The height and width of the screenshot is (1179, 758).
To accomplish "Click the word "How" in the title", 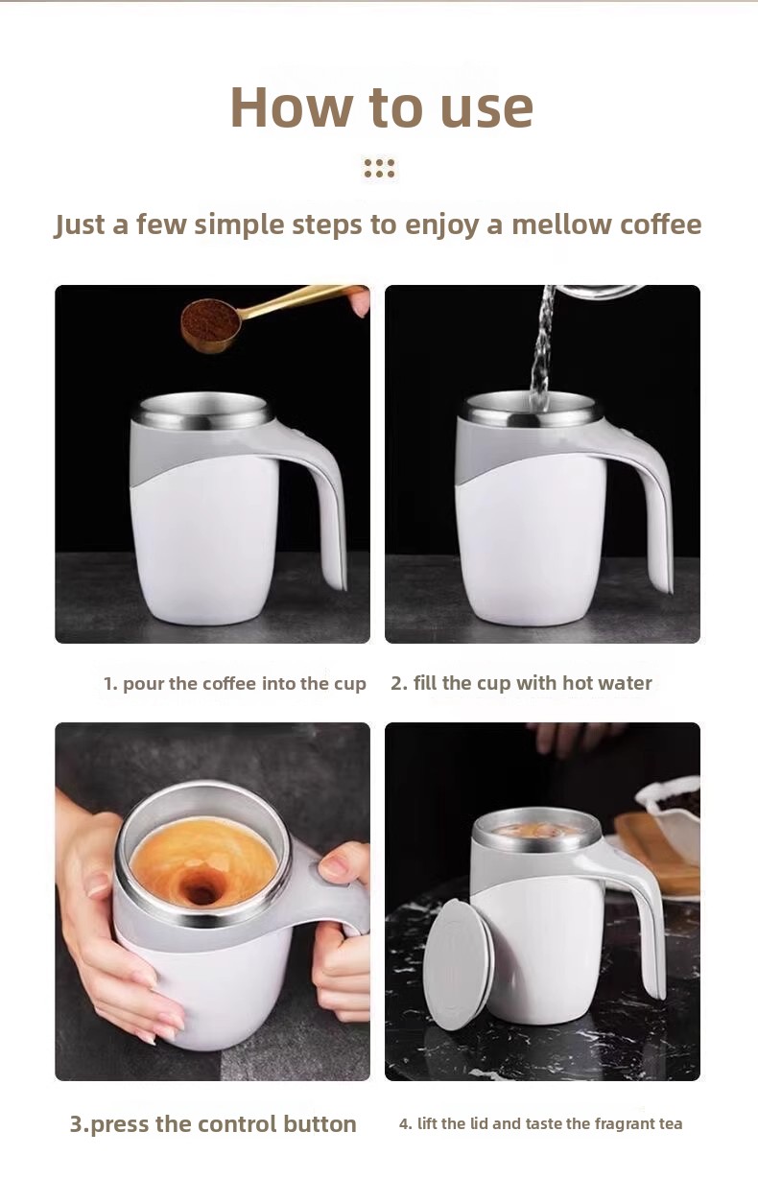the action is point(291,106).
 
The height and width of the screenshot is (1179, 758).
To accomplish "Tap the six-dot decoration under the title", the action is point(379,167).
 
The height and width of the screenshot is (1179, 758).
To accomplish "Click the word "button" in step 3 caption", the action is point(320,1123).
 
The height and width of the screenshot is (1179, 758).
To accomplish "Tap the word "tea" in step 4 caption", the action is point(671,1123).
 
